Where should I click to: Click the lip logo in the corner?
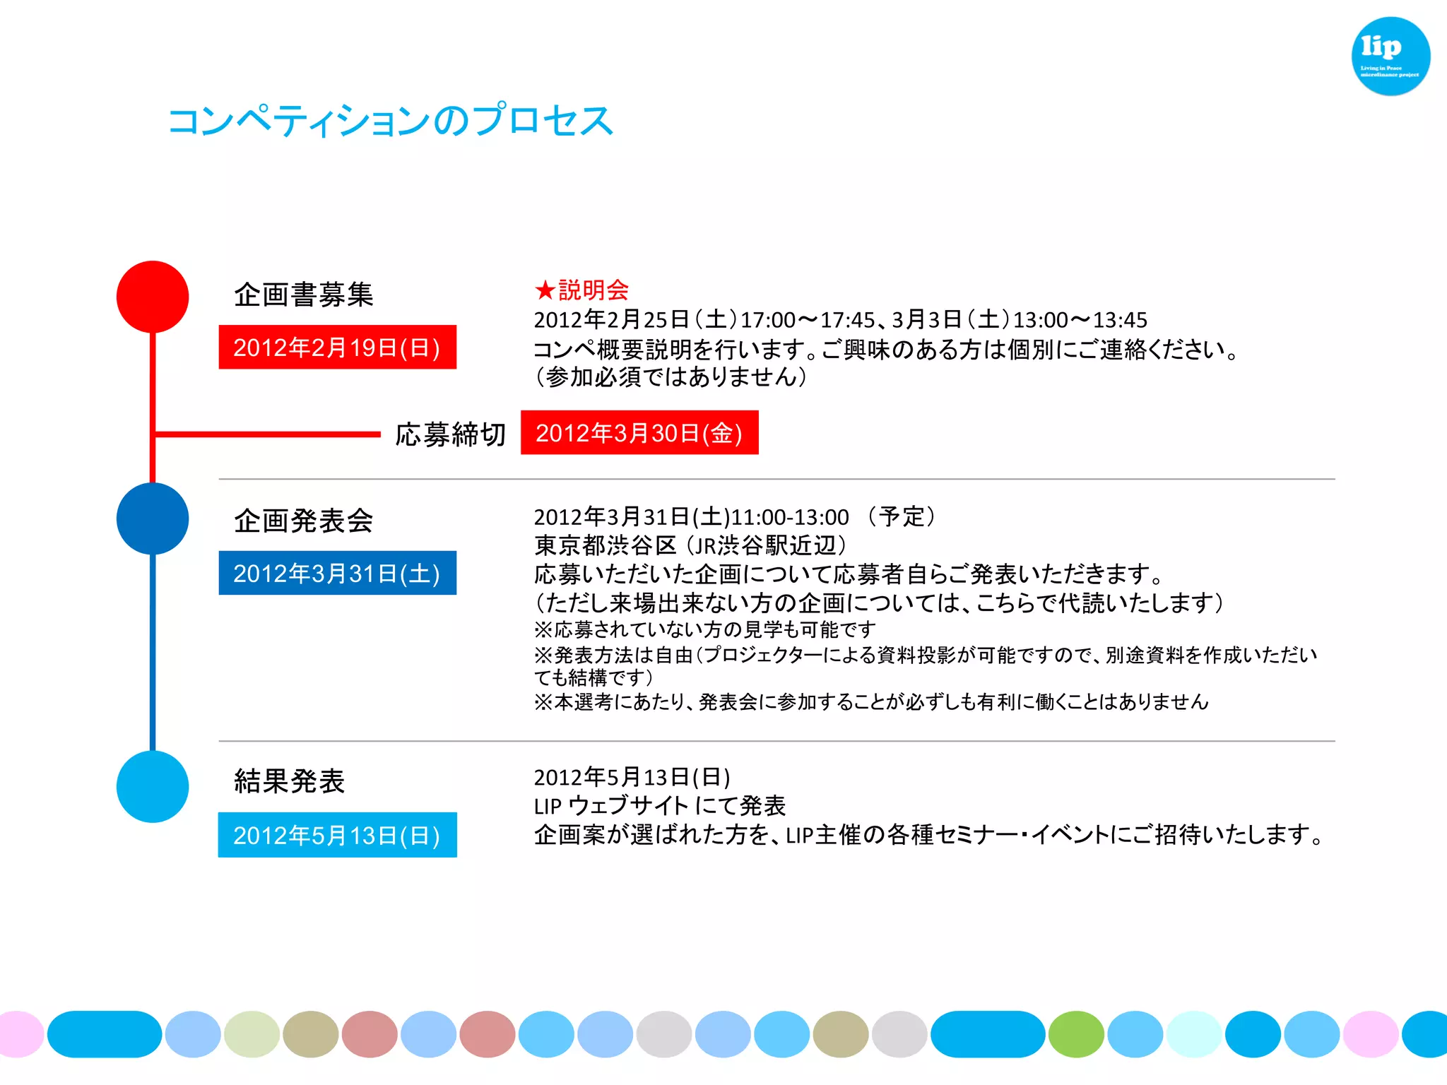tap(1390, 56)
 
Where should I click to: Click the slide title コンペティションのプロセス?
tap(390, 120)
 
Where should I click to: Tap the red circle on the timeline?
tap(153, 297)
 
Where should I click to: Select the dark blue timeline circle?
tap(153, 518)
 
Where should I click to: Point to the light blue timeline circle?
tap(153, 786)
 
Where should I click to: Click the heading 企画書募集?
tap(303, 295)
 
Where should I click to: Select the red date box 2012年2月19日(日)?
tap(337, 348)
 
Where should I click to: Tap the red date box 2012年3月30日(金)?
tap(639, 432)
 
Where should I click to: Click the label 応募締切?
tap(450, 434)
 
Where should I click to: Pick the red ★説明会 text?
tap(581, 290)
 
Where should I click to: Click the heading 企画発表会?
tap(303, 521)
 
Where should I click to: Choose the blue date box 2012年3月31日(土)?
tap(337, 573)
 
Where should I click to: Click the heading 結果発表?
tap(289, 781)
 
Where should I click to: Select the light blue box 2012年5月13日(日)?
tap(337, 835)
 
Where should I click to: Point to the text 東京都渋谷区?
tap(605, 545)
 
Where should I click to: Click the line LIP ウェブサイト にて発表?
tap(659, 806)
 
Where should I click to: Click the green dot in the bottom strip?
tap(1076, 1034)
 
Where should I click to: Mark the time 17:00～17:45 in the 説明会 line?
tap(808, 320)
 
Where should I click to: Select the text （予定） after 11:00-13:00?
tap(902, 516)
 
